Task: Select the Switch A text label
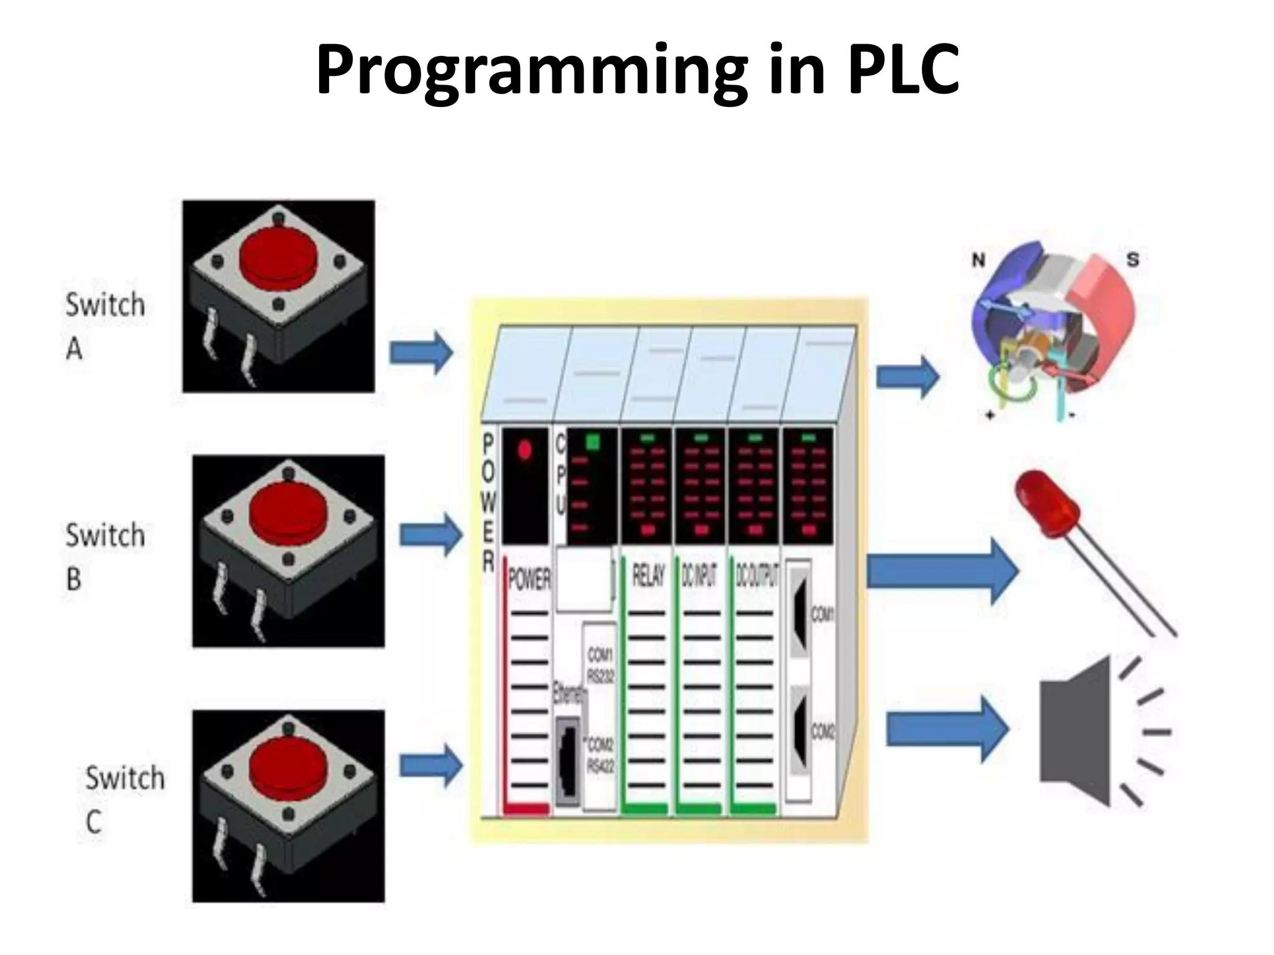coord(105,326)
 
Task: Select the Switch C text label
coord(124,799)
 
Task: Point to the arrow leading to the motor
coord(907,376)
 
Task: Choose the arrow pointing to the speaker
coord(946,729)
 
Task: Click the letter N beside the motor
coord(979,260)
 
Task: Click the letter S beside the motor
coord(1133,259)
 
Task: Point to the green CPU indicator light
coord(592,442)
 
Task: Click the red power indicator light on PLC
coord(524,449)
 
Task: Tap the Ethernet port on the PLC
coord(567,762)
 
